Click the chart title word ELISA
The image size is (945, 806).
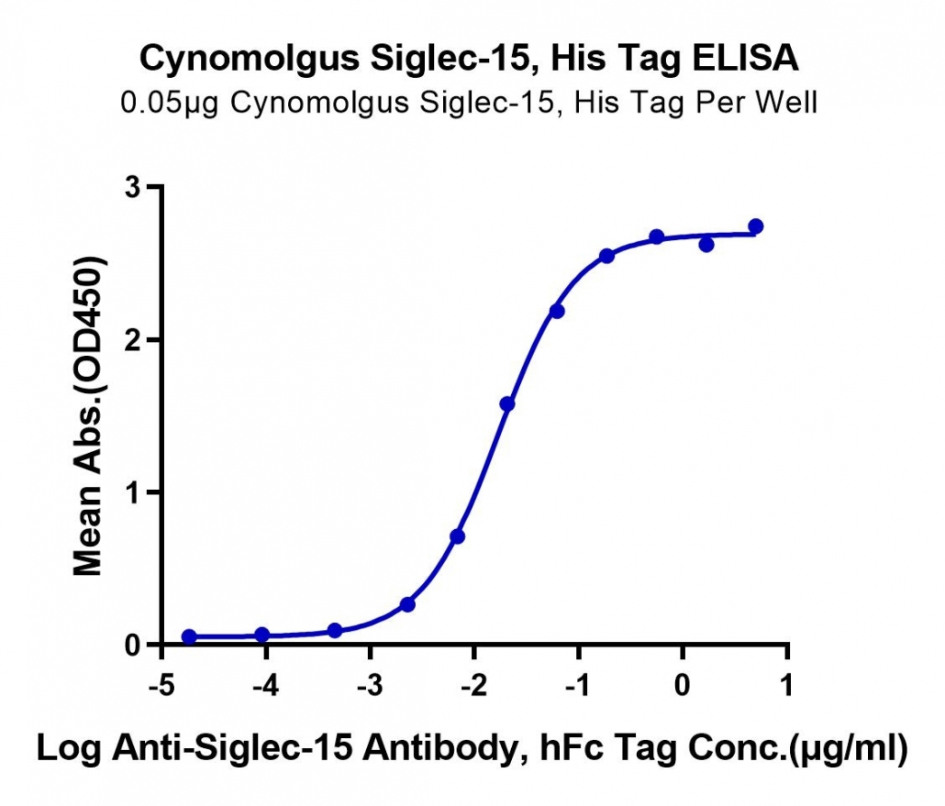(745, 59)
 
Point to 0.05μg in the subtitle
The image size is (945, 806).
(170, 104)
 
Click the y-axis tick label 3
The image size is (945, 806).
(132, 187)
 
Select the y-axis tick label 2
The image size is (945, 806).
(132, 340)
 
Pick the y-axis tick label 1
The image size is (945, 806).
(132, 492)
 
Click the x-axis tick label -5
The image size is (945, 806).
(161, 685)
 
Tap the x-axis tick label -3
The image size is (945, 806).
(370, 685)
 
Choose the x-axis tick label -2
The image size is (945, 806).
(473, 685)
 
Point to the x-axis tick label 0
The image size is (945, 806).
(683, 685)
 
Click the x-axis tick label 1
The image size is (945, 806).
(786, 685)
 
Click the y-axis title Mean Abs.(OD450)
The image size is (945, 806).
(88, 415)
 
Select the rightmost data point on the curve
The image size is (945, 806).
(756, 226)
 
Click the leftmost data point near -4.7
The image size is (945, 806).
(189, 636)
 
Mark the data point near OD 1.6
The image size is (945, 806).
(507, 403)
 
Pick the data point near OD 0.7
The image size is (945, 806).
(458, 536)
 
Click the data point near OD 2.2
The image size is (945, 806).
(557, 311)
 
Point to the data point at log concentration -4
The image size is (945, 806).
(262, 635)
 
